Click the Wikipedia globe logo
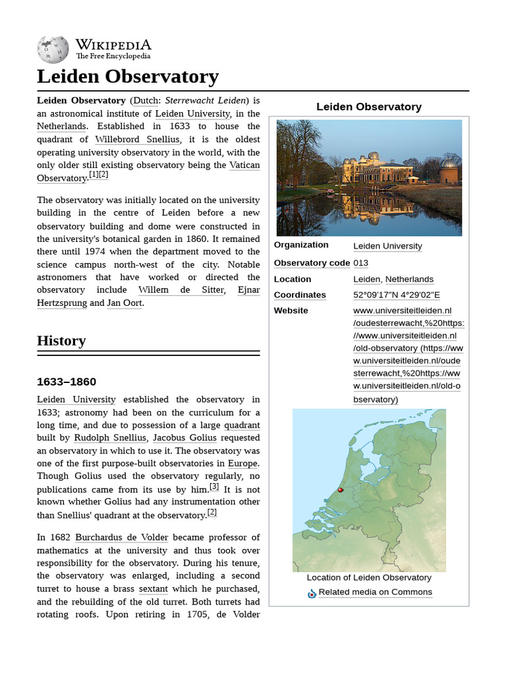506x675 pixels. coord(53,49)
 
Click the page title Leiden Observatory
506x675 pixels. coord(127,76)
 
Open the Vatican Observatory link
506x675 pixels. coord(244,165)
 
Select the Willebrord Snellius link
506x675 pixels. coord(137,139)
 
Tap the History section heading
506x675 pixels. coord(61,341)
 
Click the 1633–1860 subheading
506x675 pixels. coord(67,382)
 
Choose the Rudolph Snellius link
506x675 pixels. coord(110,438)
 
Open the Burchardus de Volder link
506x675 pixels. coord(121,537)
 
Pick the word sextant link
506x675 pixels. coord(154,589)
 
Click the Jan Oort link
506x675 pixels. coord(125,303)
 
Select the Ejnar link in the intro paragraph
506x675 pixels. coord(248,290)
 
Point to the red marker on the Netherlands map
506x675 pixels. coord(341,490)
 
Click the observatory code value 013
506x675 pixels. coord(361,263)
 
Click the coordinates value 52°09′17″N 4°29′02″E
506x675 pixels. coord(397,295)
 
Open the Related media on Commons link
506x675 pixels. coord(376,592)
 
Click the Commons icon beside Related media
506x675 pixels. coord(312,593)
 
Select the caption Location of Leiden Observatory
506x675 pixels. coord(369,577)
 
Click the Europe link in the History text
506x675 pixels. coord(243,463)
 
